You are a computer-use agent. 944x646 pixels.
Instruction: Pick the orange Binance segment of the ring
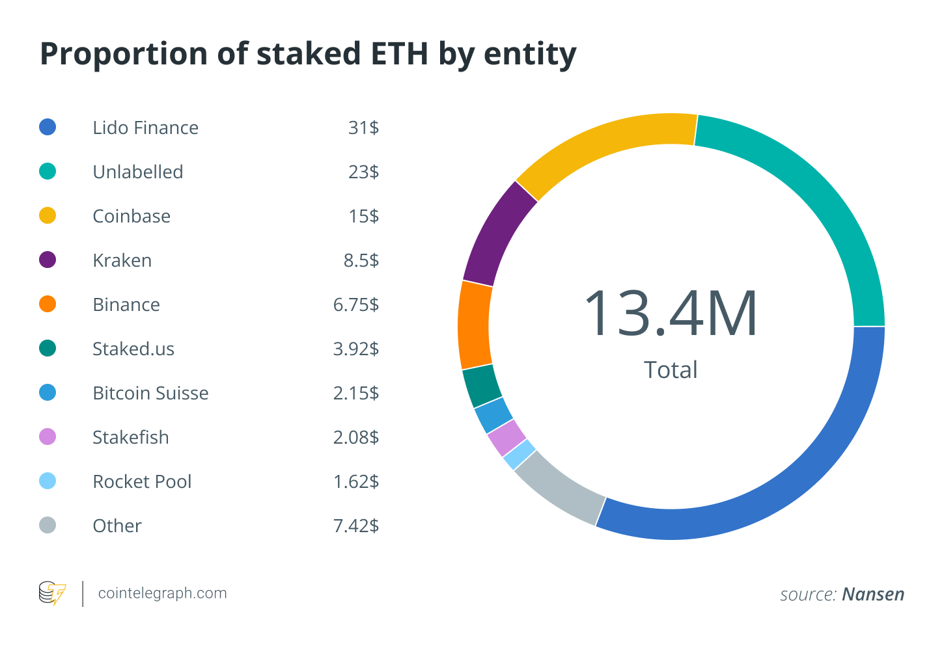475,325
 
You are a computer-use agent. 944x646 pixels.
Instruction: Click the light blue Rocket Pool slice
520,454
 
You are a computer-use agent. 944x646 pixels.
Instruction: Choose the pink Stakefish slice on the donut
507,437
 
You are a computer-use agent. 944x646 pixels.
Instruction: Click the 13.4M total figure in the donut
671,314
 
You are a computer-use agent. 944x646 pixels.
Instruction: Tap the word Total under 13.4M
671,370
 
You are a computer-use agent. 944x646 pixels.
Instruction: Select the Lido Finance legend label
145,128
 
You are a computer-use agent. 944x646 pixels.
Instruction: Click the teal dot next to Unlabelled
48,172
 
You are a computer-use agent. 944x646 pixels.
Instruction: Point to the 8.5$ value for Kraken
361,260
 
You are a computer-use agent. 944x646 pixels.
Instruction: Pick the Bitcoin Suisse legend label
150,393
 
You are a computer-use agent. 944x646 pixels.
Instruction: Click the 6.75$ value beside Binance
355,304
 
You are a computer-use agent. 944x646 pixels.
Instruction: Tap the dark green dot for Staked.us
48,349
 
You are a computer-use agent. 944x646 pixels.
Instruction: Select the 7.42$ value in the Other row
355,526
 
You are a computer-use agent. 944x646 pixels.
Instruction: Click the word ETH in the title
400,53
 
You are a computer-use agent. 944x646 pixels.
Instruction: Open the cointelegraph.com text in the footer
162,593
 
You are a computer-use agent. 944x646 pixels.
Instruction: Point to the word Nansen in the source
873,595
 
